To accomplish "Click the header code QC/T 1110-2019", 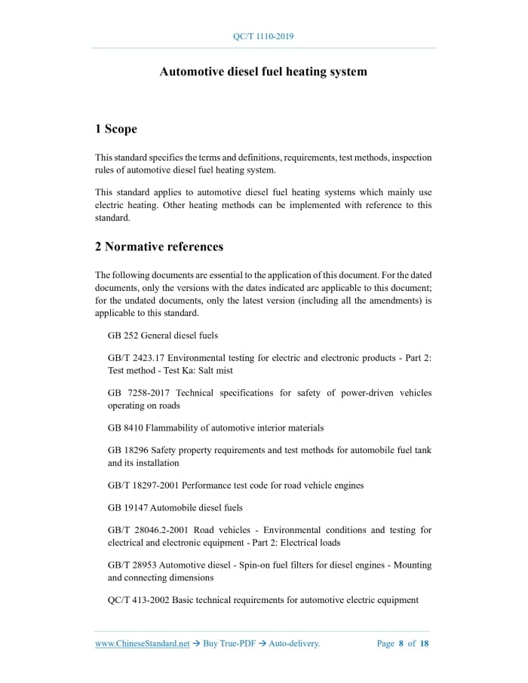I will pyautogui.click(x=264, y=36).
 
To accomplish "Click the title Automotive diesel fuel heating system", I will pyautogui.click(x=263, y=72).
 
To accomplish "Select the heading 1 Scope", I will pyautogui.click(x=116, y=129).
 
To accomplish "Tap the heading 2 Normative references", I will pyautogui.click(x=159, y=247).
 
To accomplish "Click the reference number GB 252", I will pyautogui.click(x=123, y=335).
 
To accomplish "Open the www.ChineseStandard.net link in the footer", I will pyautogui.click(x=143, y=644).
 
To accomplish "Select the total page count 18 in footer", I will pyautogui.click(x=425, y=644).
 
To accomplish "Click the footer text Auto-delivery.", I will pyautogui.click(x=295, y=644).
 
